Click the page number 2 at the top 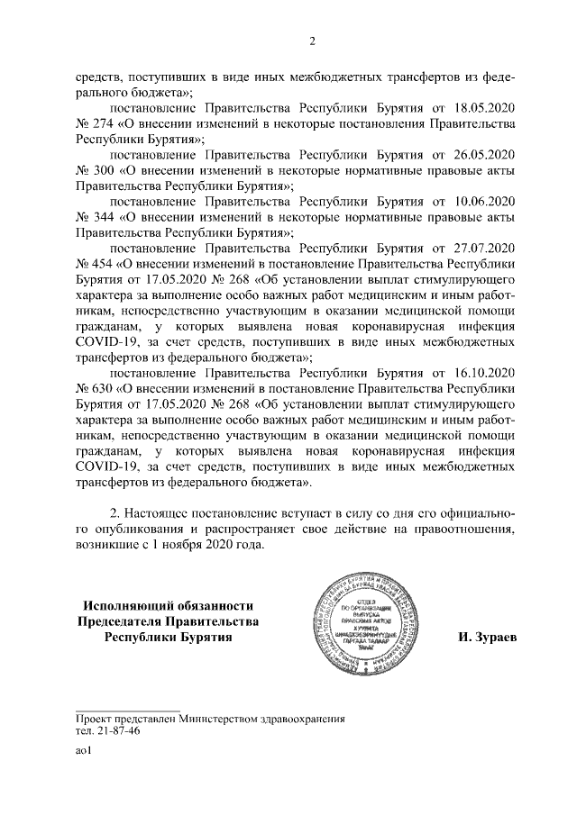pyautogui.click(x=312, y=41)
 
